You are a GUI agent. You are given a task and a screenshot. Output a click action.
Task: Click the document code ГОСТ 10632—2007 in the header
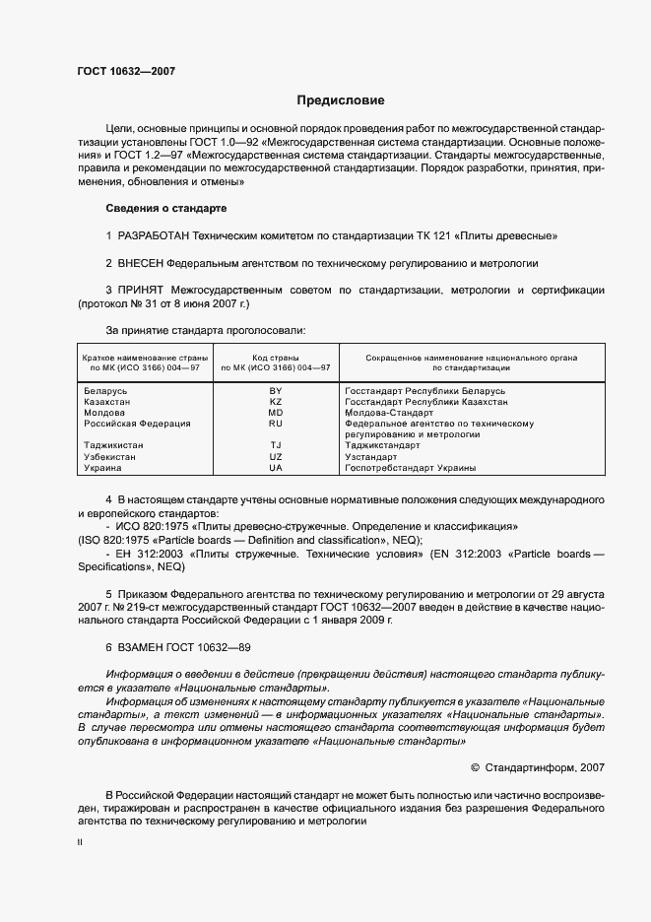[126, 71]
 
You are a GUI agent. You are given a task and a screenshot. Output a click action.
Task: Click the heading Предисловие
[341, 100]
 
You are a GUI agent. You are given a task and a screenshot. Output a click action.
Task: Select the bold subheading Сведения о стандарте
[165, 209]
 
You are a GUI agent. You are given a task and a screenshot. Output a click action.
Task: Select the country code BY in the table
[276, 391]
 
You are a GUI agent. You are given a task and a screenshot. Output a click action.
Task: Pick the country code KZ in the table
[276, 402]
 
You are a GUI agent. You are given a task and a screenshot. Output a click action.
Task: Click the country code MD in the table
[276, 413]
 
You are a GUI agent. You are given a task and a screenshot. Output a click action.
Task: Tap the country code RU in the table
[276, 424]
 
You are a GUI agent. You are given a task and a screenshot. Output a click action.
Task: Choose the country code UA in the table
[276, 468]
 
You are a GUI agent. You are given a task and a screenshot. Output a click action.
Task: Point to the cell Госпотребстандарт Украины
[411, 468]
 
